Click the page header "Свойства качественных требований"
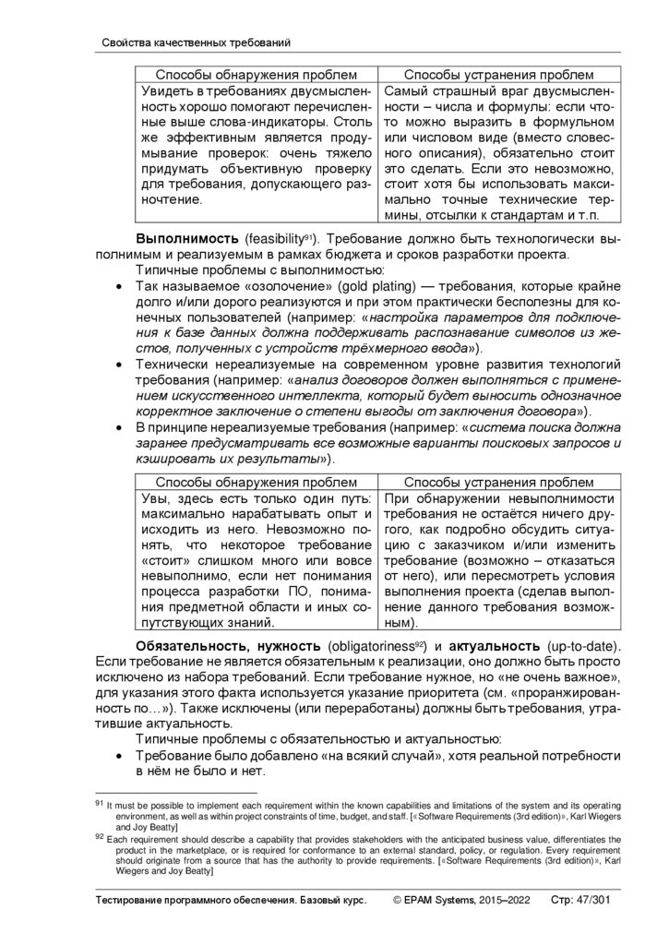click(193, 42)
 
